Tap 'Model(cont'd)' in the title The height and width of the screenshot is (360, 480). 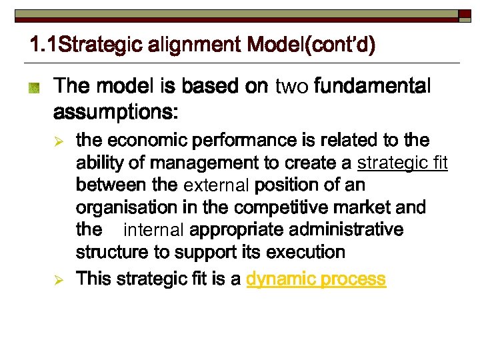311,46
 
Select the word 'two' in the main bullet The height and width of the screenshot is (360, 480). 291,87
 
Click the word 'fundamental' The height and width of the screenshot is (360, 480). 373,87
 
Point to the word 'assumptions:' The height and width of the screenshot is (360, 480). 116,109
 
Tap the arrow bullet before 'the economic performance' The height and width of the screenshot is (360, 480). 58,141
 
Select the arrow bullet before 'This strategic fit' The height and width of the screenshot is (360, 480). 58,279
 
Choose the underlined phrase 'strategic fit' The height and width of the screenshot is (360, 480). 402,163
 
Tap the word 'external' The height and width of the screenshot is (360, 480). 216,185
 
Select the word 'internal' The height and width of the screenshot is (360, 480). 153,231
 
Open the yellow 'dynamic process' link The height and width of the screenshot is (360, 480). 316,279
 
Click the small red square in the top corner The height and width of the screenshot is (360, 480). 463,13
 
